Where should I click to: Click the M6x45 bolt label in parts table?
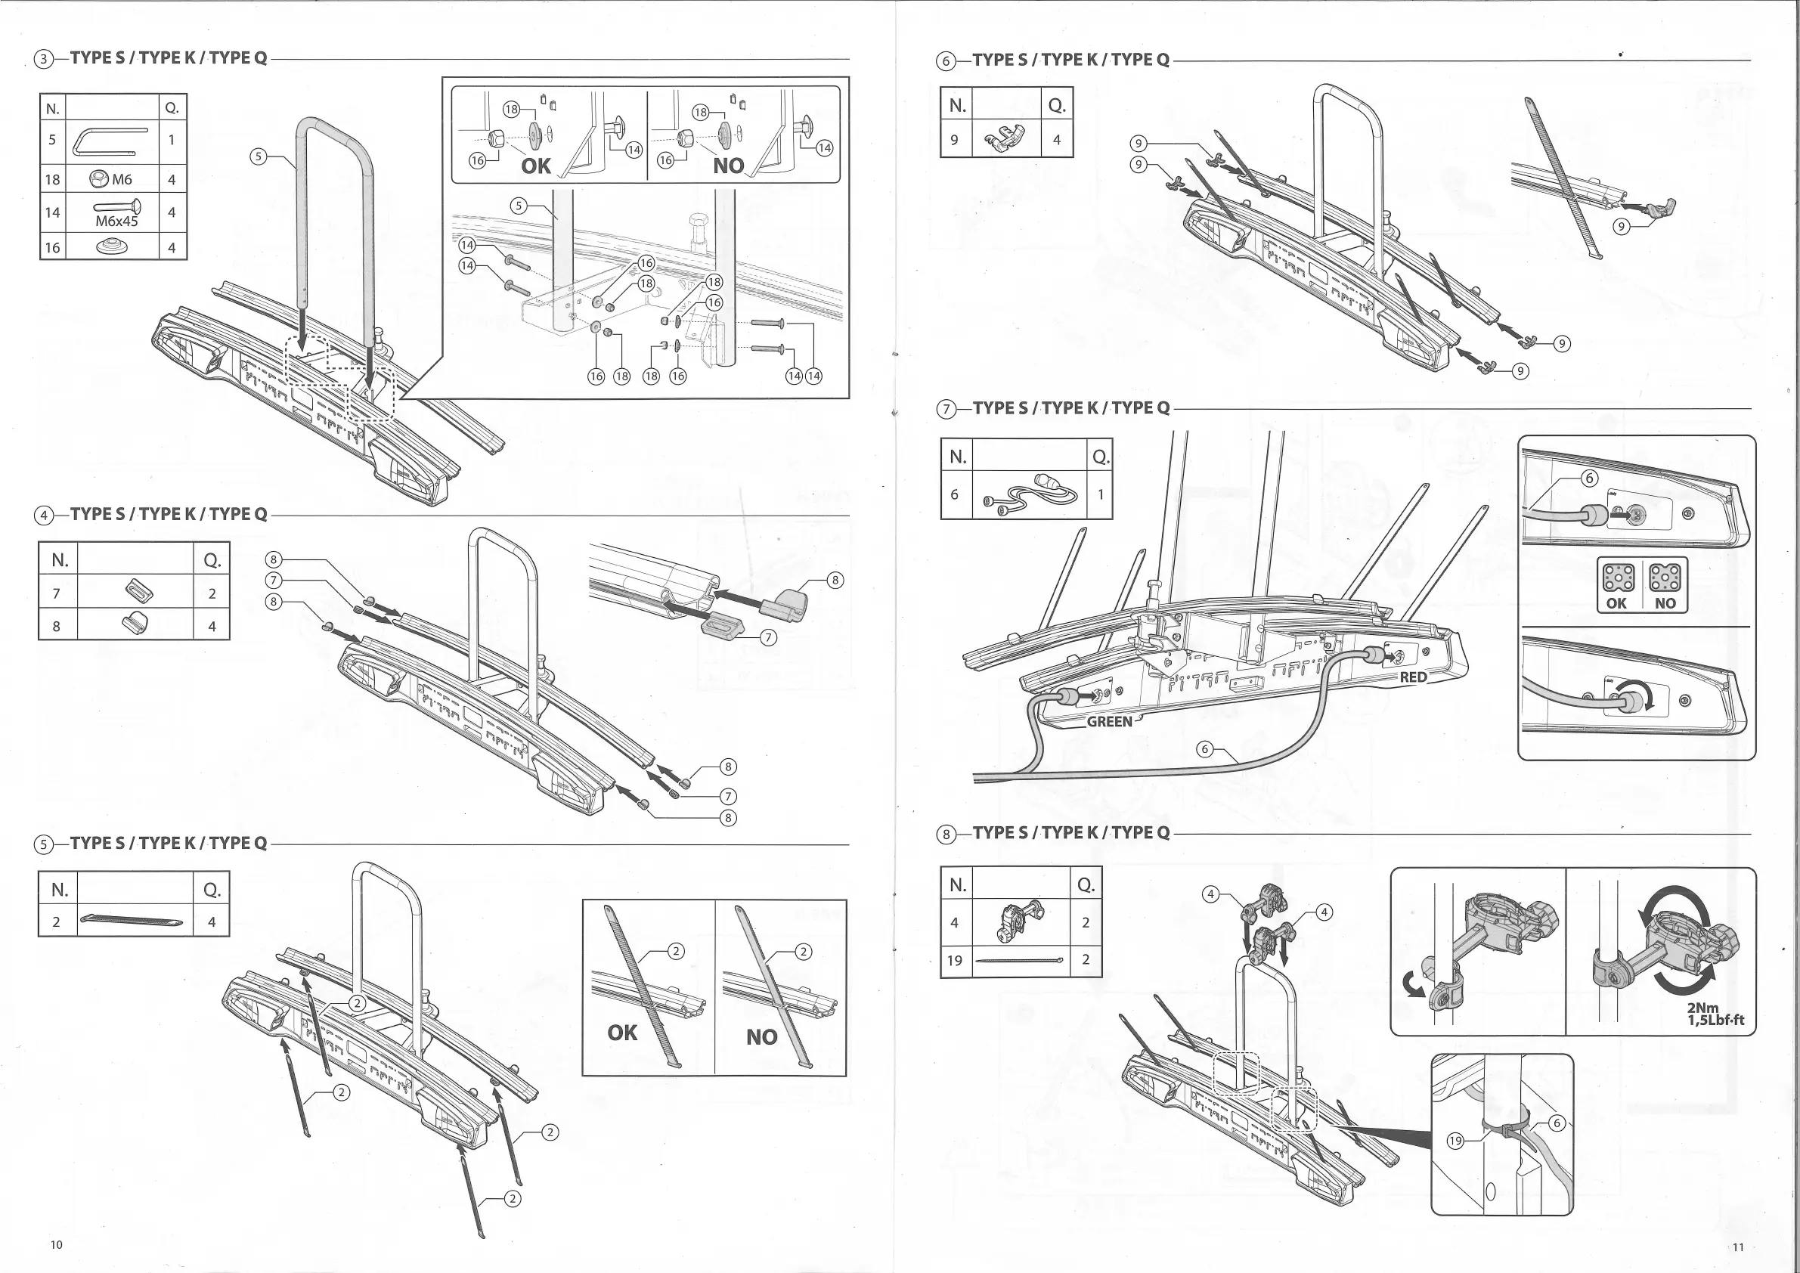pos(116,221)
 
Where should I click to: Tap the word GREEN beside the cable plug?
pos(1108,721)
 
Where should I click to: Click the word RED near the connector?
pos(1413,677)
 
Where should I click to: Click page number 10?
pos(57,1245)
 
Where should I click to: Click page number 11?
pos(1738,1247)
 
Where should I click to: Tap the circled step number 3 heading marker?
pos(45,60)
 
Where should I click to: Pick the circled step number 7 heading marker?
pos(947,409)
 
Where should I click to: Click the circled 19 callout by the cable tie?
pos(1455,1141)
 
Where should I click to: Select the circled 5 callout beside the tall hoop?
pos(258,156)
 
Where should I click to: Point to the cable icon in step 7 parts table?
pos(1030,494)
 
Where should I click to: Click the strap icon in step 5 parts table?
pos(132,921)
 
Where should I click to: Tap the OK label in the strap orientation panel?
pos(622,1033)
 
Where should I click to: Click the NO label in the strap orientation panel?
pos(761,1037)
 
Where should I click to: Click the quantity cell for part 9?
pos(1057,140)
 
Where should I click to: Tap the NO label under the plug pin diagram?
pos(1665,602)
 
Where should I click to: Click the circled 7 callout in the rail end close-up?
pos(769,637)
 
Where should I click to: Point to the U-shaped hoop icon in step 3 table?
pos(110,141)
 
